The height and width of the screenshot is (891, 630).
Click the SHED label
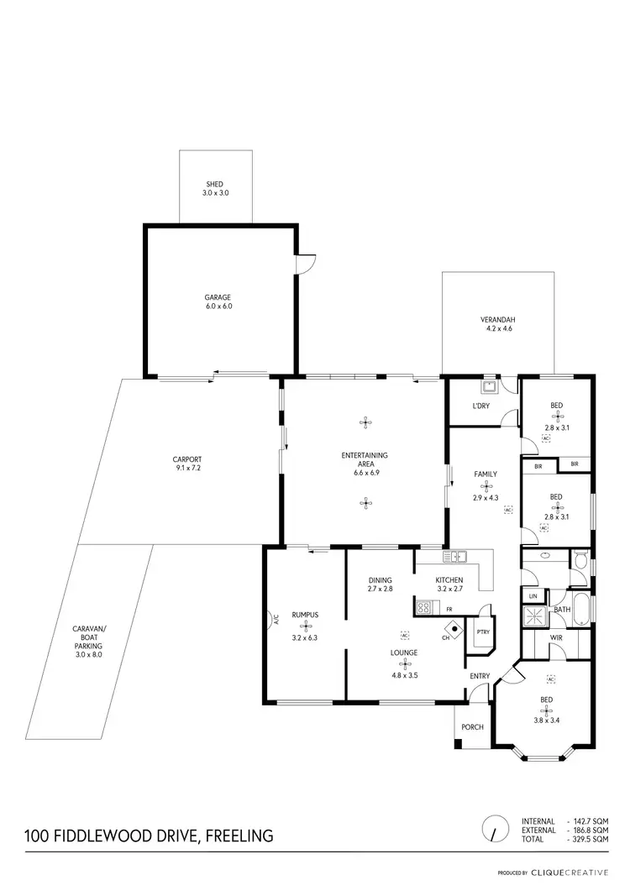coord(215,185)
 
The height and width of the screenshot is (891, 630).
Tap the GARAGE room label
coord(218,297)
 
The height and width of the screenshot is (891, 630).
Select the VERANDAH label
coord(497,320)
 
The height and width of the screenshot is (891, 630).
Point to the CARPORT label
coord(187,459)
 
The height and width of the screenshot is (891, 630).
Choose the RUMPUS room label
coord(303,614)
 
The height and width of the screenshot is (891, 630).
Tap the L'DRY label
coord(481,406)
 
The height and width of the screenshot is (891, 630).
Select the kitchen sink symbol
coord(459,556)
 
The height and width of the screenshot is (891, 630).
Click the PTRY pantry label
coord(482,632)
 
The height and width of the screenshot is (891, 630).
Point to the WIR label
coord(555,637)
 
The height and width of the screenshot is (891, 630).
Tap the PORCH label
coord(473,726)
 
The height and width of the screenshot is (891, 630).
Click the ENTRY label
coord(480,676)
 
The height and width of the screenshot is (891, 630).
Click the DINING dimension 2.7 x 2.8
coord(381,590)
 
